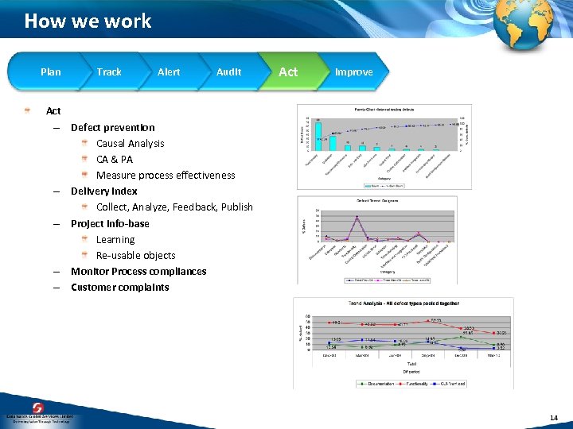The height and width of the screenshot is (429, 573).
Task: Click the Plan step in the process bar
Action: tap(50, 72)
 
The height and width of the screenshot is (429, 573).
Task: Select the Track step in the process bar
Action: tap(109, 72)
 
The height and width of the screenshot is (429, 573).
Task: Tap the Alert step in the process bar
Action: tap(169, 72)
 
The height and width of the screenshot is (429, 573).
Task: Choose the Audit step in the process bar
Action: tap(228, 72)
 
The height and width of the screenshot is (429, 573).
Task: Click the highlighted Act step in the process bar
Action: tap(288, 72)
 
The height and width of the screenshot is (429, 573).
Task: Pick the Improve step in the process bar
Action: tap(353, 72)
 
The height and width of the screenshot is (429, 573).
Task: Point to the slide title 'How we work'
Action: tap(88, 21)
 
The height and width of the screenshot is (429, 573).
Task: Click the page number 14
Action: tap(553, 418)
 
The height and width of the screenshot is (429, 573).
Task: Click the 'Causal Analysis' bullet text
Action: tap(131, 143)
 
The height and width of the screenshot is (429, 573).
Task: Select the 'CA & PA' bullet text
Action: tap(115, 159)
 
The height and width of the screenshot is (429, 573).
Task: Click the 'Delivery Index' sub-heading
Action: tap(103, 191)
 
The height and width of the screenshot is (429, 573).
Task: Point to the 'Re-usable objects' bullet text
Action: tap(135, 255)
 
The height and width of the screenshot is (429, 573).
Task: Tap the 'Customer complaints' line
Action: tap(119, 287)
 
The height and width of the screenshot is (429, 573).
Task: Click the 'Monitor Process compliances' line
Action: tap(138, 271)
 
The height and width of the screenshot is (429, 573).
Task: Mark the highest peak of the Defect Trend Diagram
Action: tap(357, 217)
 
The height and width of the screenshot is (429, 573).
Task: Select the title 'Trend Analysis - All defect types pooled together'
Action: tap(403, 303)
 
